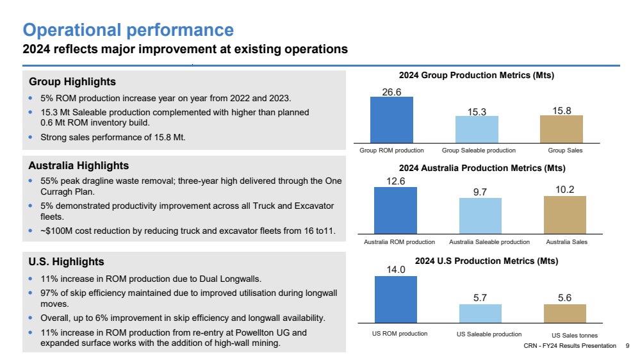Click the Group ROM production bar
[x=391, y=120]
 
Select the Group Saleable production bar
[x=477, y=129]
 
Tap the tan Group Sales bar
[x=561, y=129]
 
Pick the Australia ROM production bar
[x=395, y=211]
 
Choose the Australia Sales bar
[x=565, y=215]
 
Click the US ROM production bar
[x=396, y=300]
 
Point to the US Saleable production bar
[x=480, y=314]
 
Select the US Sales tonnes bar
[x=565, y=314]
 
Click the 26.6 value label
[x=391, y=92]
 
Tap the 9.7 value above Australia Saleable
[x=480, y=192]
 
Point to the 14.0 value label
[x=396, y=270]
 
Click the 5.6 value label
[x=564, y=298]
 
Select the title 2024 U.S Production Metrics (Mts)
[x=486, y=261]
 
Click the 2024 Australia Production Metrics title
[x=482, y=168]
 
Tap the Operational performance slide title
[x=128, y=30]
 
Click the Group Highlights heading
[x=72, y=81]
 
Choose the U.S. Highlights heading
[x=66, y=261]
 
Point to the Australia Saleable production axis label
[x=489, y=242]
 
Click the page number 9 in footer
[x=627, y=346]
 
